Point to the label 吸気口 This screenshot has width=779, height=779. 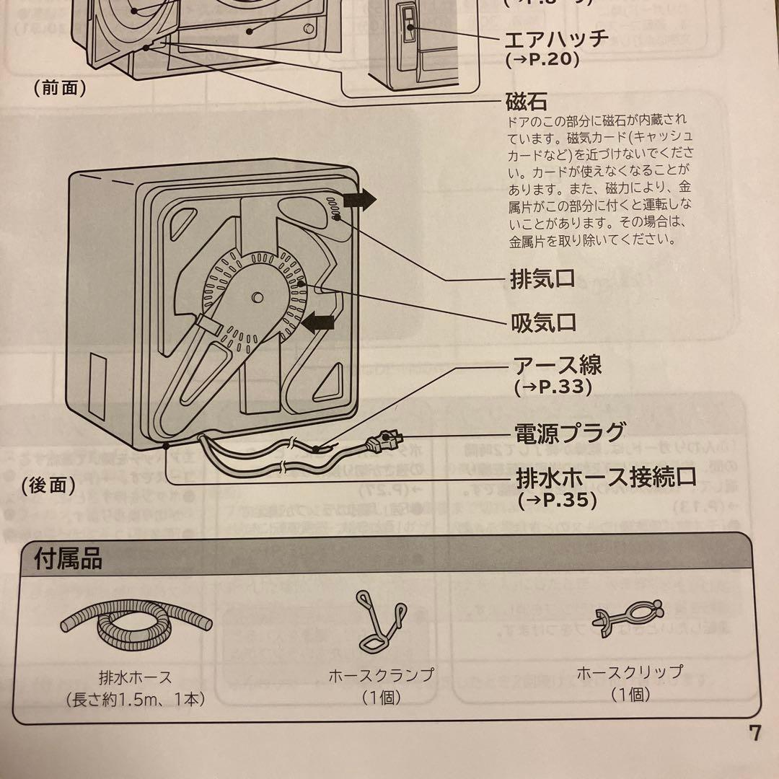tap(543, 322)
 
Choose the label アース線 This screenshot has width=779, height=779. tap(557, 365)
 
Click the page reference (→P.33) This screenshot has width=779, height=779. tap(553, 387)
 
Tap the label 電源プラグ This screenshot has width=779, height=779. tap(568, 433)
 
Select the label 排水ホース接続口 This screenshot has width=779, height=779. tap(606, 477)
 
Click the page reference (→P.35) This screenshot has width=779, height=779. tap(557, 499)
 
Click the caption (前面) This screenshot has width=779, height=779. tap(60, 88)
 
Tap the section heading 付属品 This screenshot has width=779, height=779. tap(68, 558)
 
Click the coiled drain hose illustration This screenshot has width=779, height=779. tap(136, 626)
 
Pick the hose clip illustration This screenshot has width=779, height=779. tap(628, 620)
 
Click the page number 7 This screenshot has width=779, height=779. tap(754, 734)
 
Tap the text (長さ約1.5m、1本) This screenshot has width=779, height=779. tap(135, 698)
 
